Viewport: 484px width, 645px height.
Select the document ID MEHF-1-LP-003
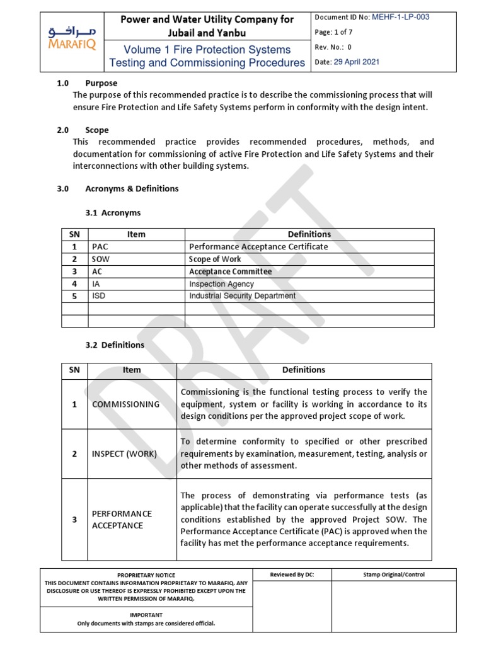click(x=400, y=17)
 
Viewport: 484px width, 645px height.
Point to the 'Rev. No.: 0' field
click(x=333, y=47)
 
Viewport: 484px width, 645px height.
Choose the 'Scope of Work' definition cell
click(x=215, y=259)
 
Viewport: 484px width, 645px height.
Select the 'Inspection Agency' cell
click(x=221, y=284)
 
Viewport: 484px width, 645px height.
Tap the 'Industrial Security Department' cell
click(x=242, y=296)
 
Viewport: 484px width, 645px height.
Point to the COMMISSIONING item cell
click(x=126, y=404)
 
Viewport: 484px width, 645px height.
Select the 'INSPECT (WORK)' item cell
click(x=124, y=454)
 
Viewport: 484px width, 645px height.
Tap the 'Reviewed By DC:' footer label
click(x=291, y=574)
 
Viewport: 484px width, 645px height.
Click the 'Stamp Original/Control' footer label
click(x=394, y=574)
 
